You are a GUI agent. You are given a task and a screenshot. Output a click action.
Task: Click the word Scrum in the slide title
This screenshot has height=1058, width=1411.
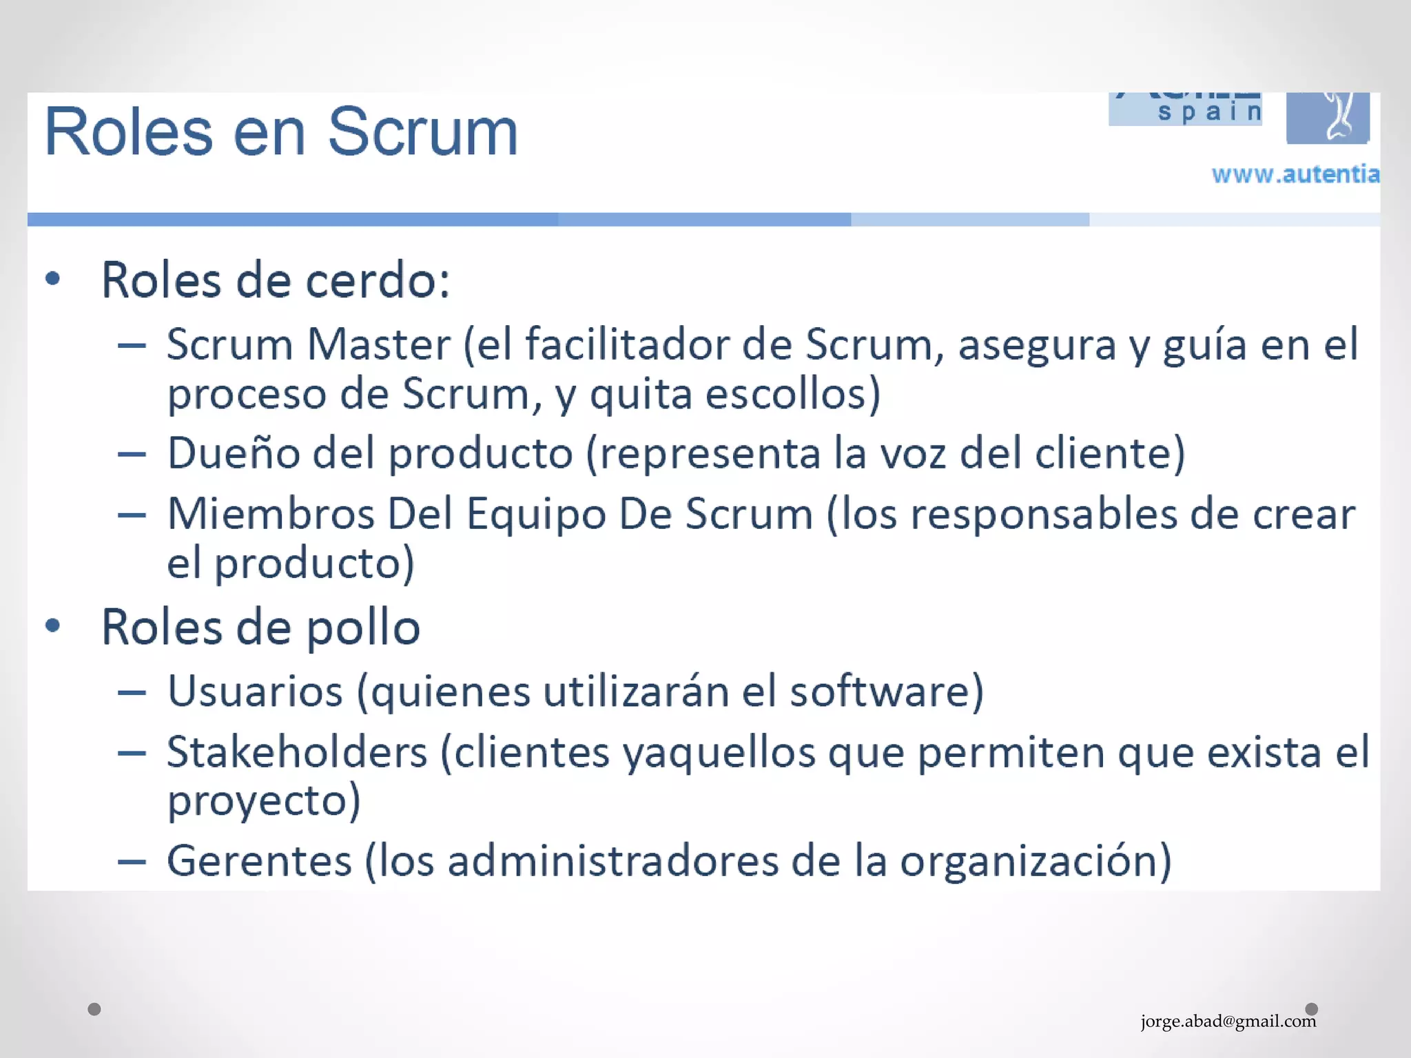click(x=422, y=132)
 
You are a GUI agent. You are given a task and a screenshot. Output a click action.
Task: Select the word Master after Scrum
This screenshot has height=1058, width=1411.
click(x=378, y=344)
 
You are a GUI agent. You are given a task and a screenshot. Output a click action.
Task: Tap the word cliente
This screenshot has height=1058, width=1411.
click(x=1109, y=453)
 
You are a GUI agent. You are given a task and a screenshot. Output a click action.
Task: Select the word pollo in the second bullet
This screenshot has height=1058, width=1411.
click(x=362, y=628)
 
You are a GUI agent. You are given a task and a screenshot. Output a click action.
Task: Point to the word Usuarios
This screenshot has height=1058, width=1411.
click(x=255, y=691)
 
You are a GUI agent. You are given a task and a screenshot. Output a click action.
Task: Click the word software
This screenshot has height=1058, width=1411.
click(x=885, y=691)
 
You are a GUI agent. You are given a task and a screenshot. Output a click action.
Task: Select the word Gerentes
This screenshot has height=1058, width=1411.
click(x=260, y=861)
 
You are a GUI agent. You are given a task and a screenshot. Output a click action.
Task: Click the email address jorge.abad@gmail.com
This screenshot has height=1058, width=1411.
click(x=1228, y=1021)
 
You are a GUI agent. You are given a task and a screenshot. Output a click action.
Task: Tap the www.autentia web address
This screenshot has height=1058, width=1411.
click(x=1295, y=174)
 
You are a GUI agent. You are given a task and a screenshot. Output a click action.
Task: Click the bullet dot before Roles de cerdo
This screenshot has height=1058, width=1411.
click(x=52, y=279)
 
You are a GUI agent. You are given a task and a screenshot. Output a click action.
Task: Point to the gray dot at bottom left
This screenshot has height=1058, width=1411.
click(x=94, y=1009)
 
